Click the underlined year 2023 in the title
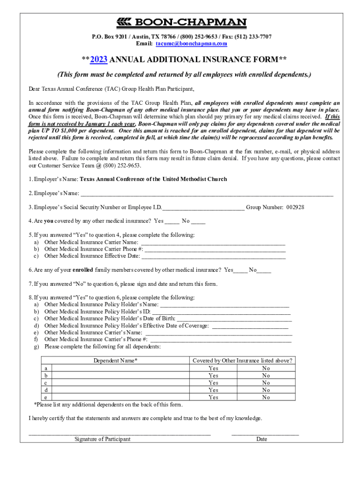click(99, 59)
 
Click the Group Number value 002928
click(295, 207)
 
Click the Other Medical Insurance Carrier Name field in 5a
click(213, 242)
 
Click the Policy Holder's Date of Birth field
click(234, 319)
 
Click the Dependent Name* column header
click(115, 361)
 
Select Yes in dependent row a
click(213, 368)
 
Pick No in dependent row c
click(266, 383)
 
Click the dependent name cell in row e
click(121, 397)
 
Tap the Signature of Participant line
click(119, 434)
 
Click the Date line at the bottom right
click(265, 434)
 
